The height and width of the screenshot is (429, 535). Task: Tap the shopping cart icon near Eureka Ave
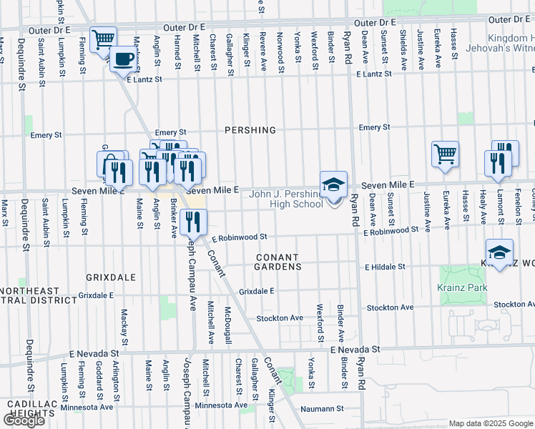[445, 154]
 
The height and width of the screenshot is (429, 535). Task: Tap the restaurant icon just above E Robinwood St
[194, 223]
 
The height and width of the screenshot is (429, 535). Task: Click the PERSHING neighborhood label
[250, 130]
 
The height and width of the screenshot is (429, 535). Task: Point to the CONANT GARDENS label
[279, 261]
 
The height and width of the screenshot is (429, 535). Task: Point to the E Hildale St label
[385, 267]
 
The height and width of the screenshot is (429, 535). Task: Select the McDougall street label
[227, 326]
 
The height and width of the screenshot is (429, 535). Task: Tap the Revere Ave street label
[262, 51]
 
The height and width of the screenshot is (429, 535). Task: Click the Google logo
[24, 420]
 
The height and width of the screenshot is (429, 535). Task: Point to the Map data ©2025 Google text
[480, 423]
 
